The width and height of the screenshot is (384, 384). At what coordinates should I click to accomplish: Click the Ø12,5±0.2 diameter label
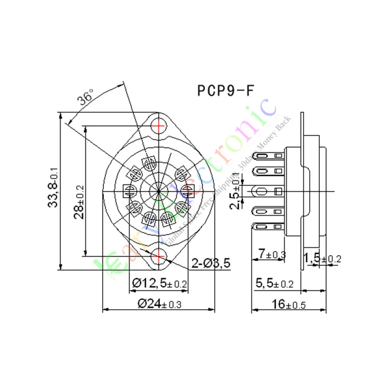click(x=159, y=284)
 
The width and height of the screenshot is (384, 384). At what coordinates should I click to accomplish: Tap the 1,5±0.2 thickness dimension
click(x=322, y=258)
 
